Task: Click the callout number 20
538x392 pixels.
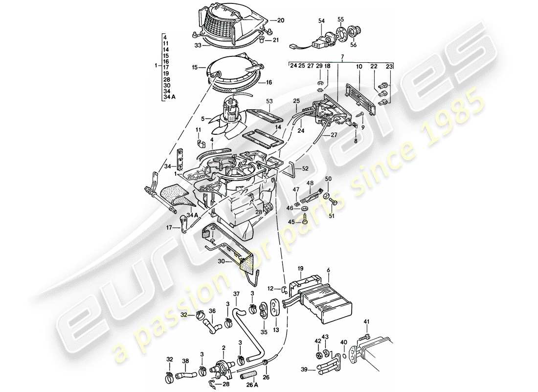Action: click(280, 21)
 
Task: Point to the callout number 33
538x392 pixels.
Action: click(197, 46)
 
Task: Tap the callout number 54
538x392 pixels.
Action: click(321, 21)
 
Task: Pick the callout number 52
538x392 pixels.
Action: click(305, 168)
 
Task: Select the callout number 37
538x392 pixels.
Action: click(237, 294)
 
